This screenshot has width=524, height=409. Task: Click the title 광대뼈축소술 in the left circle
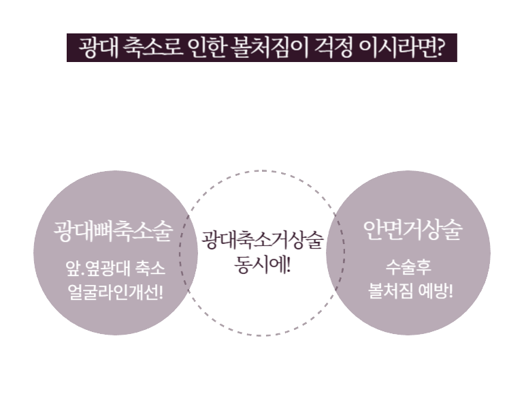pos(112,230)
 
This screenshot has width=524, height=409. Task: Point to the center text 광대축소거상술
pos(262,240)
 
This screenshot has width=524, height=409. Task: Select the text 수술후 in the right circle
pos(408,267)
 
